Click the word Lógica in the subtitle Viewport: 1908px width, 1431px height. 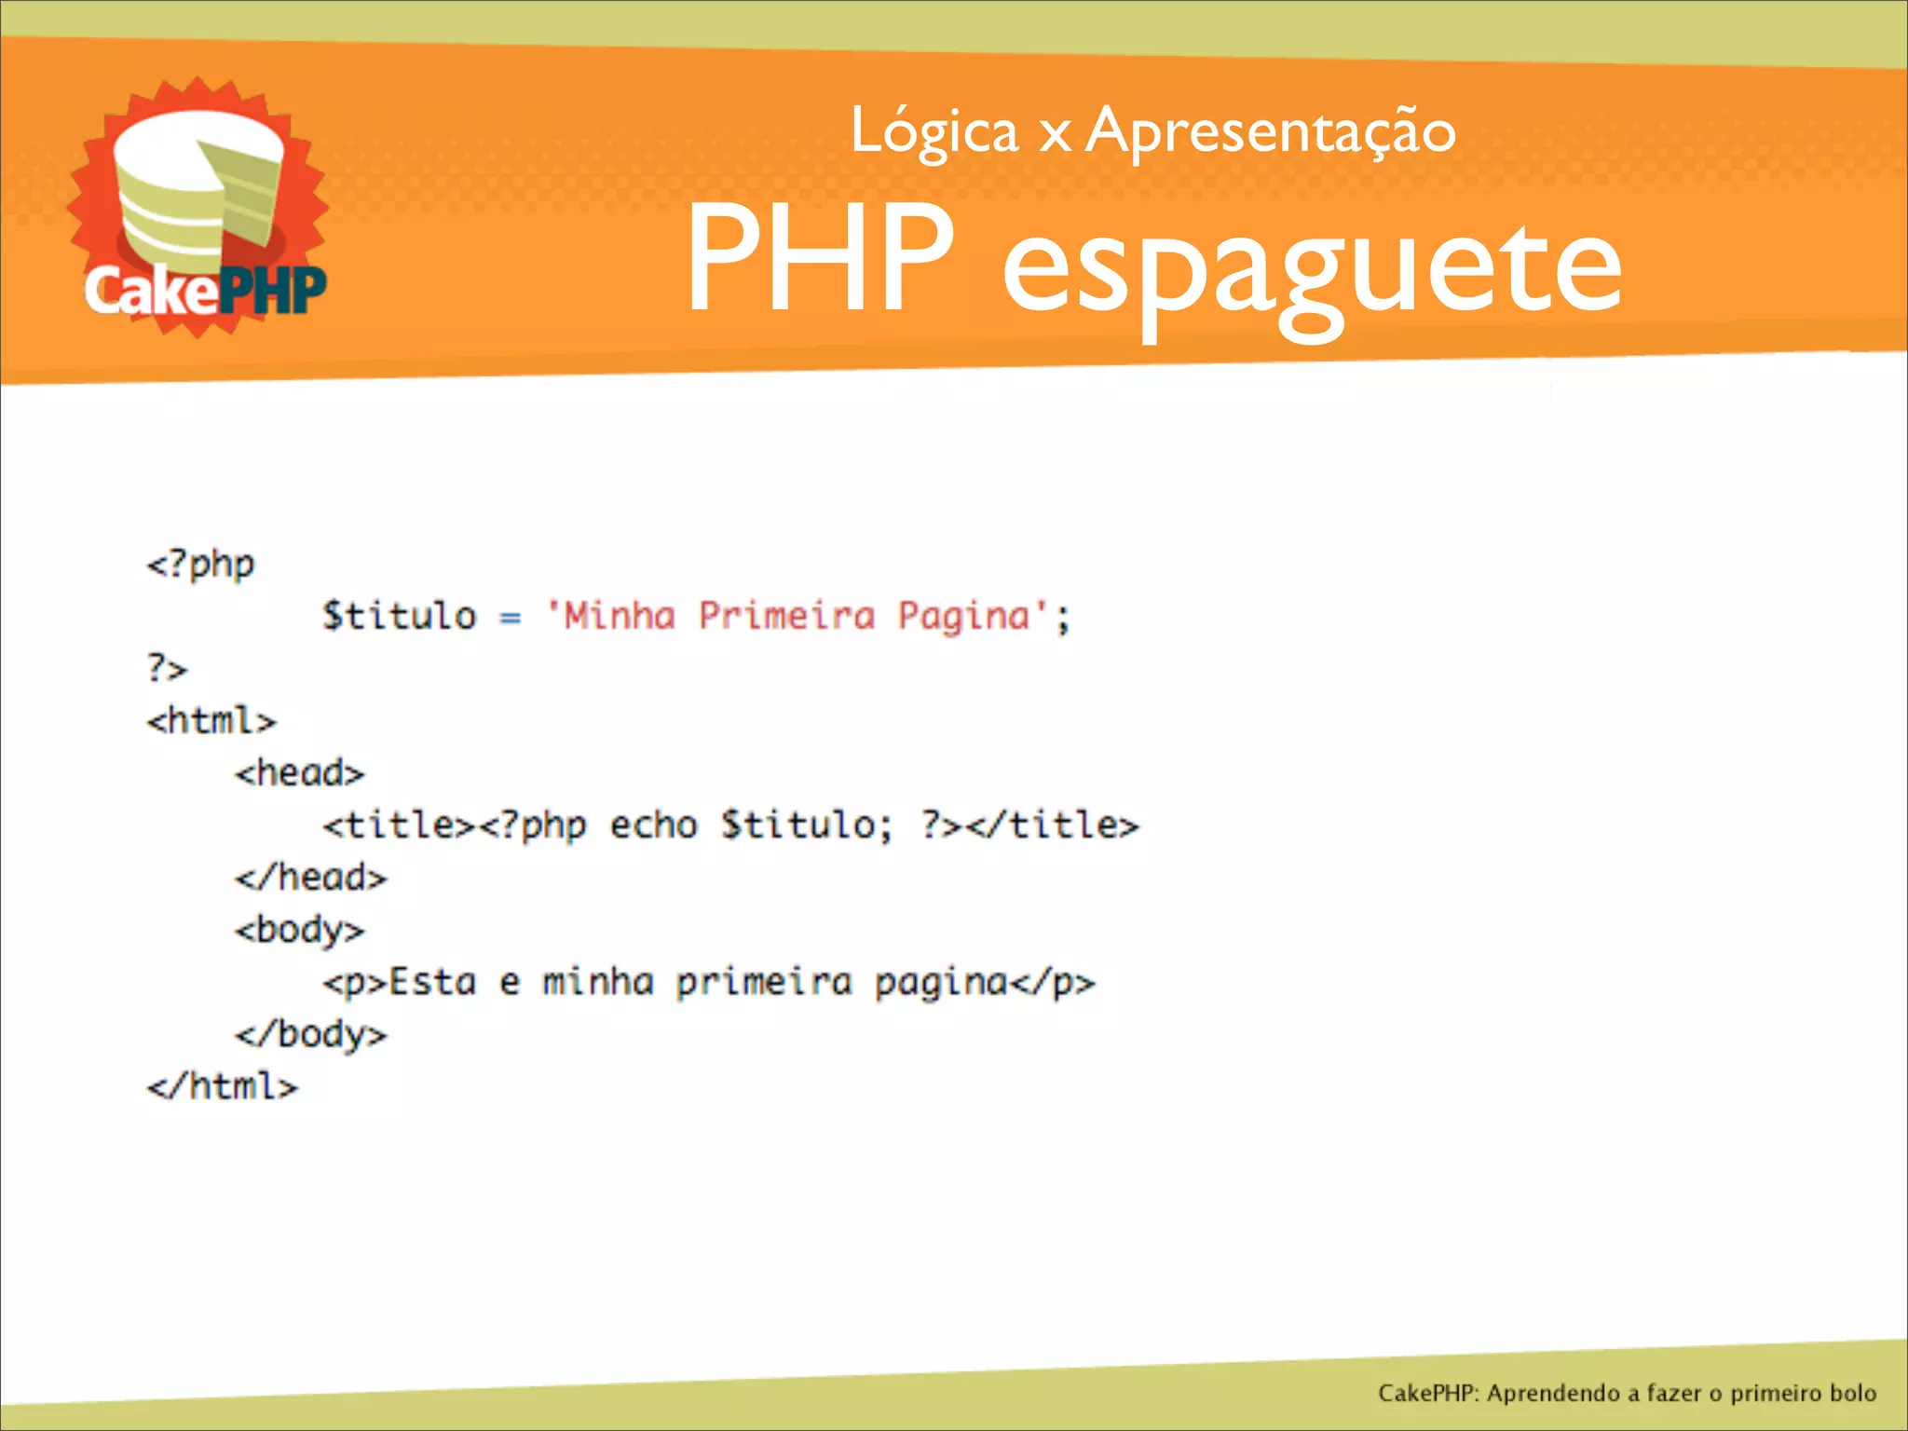pos(934,132)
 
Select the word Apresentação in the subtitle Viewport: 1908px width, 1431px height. pos(1271,132)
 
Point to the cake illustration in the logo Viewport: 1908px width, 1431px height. pos(198,186)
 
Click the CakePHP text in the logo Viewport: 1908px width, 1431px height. pos(205,291)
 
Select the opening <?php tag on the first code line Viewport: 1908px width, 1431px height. pos(200,565)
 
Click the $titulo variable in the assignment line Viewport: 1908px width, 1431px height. pos(399,616)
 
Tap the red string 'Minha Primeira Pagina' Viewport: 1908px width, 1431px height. pos(797,616)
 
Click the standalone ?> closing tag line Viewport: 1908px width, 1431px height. pos(167,668)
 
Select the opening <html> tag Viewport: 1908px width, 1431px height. pos(211,721)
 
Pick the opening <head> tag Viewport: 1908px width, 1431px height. pos(299,773)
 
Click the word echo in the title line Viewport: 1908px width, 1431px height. pos(653,825)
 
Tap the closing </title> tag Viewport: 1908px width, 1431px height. pos(1053,825)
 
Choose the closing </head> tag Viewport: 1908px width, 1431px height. pos(310,878)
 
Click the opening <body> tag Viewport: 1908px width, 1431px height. pos(299,930)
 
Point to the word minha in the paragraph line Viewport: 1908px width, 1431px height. pos(597,982)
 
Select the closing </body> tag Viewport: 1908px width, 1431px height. pos(310,1034)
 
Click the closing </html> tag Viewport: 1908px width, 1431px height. pos(222,1086)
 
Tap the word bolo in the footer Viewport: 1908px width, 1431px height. pos(1852,1393)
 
